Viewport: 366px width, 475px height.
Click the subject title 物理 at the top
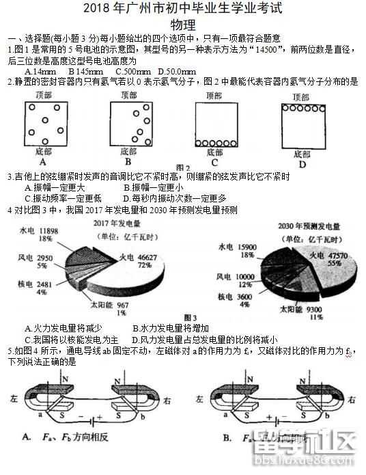[182, 23]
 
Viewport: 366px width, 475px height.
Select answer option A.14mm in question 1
[40, 72]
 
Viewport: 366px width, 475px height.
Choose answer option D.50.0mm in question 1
[176, 72]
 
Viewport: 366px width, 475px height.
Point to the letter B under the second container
[128, 163]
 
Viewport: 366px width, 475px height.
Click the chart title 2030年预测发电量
[310, 226]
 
